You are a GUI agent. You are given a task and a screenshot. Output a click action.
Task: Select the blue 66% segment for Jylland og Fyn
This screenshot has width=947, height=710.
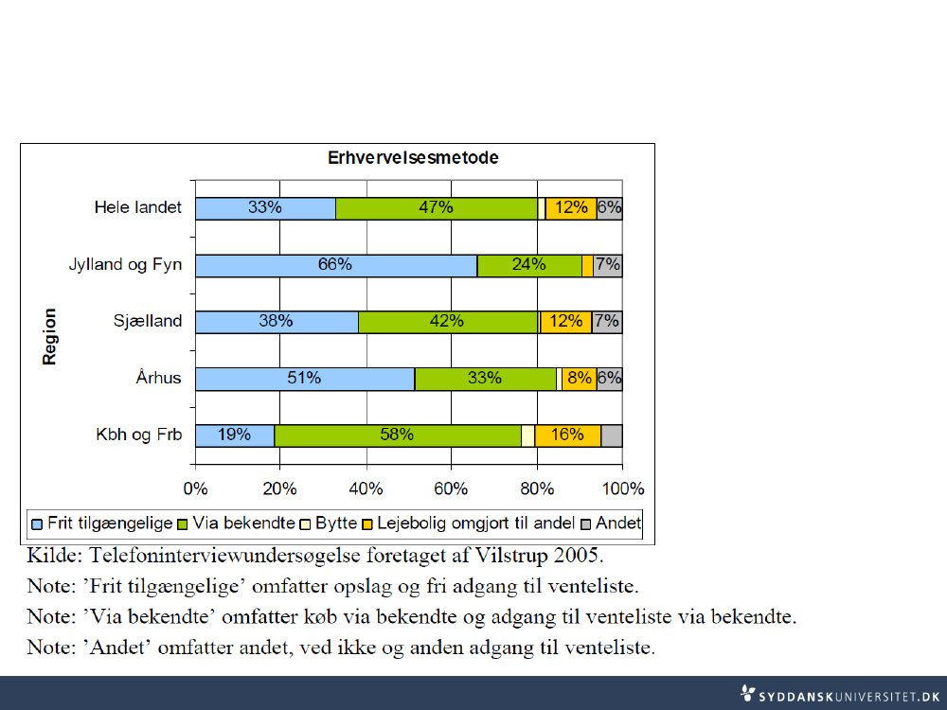click(x=335, y=265)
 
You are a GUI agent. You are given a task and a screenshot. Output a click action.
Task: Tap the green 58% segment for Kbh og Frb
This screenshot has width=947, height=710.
click(x=397, y=435)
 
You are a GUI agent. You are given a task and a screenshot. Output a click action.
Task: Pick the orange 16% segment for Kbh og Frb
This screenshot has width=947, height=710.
click(x=567, y=435)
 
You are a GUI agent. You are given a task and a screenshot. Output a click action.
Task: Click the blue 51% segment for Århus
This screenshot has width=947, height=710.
click(x=304, y=379)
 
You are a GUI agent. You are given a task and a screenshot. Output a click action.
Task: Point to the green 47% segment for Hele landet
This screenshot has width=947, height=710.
click(x=436, y=208)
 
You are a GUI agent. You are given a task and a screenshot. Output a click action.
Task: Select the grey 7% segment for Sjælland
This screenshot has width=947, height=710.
click(x=607, y=322)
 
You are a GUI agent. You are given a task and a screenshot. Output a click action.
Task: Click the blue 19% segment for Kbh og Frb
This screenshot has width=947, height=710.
click(x=234, y=435)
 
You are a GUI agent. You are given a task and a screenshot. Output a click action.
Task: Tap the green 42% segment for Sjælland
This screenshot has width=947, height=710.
click(x=448, y=322)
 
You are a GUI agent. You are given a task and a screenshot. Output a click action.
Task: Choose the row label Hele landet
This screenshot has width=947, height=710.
click(x=137, y=207)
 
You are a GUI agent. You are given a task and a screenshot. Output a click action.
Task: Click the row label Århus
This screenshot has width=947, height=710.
click(x=157, y=379)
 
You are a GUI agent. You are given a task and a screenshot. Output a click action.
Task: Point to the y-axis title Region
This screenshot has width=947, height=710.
click(x=50, y=336)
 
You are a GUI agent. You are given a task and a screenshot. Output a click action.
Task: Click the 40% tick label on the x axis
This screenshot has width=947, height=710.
click(x=366, y=489)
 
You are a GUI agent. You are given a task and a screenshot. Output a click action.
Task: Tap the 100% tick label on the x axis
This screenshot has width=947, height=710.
click(x=622, y=489)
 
